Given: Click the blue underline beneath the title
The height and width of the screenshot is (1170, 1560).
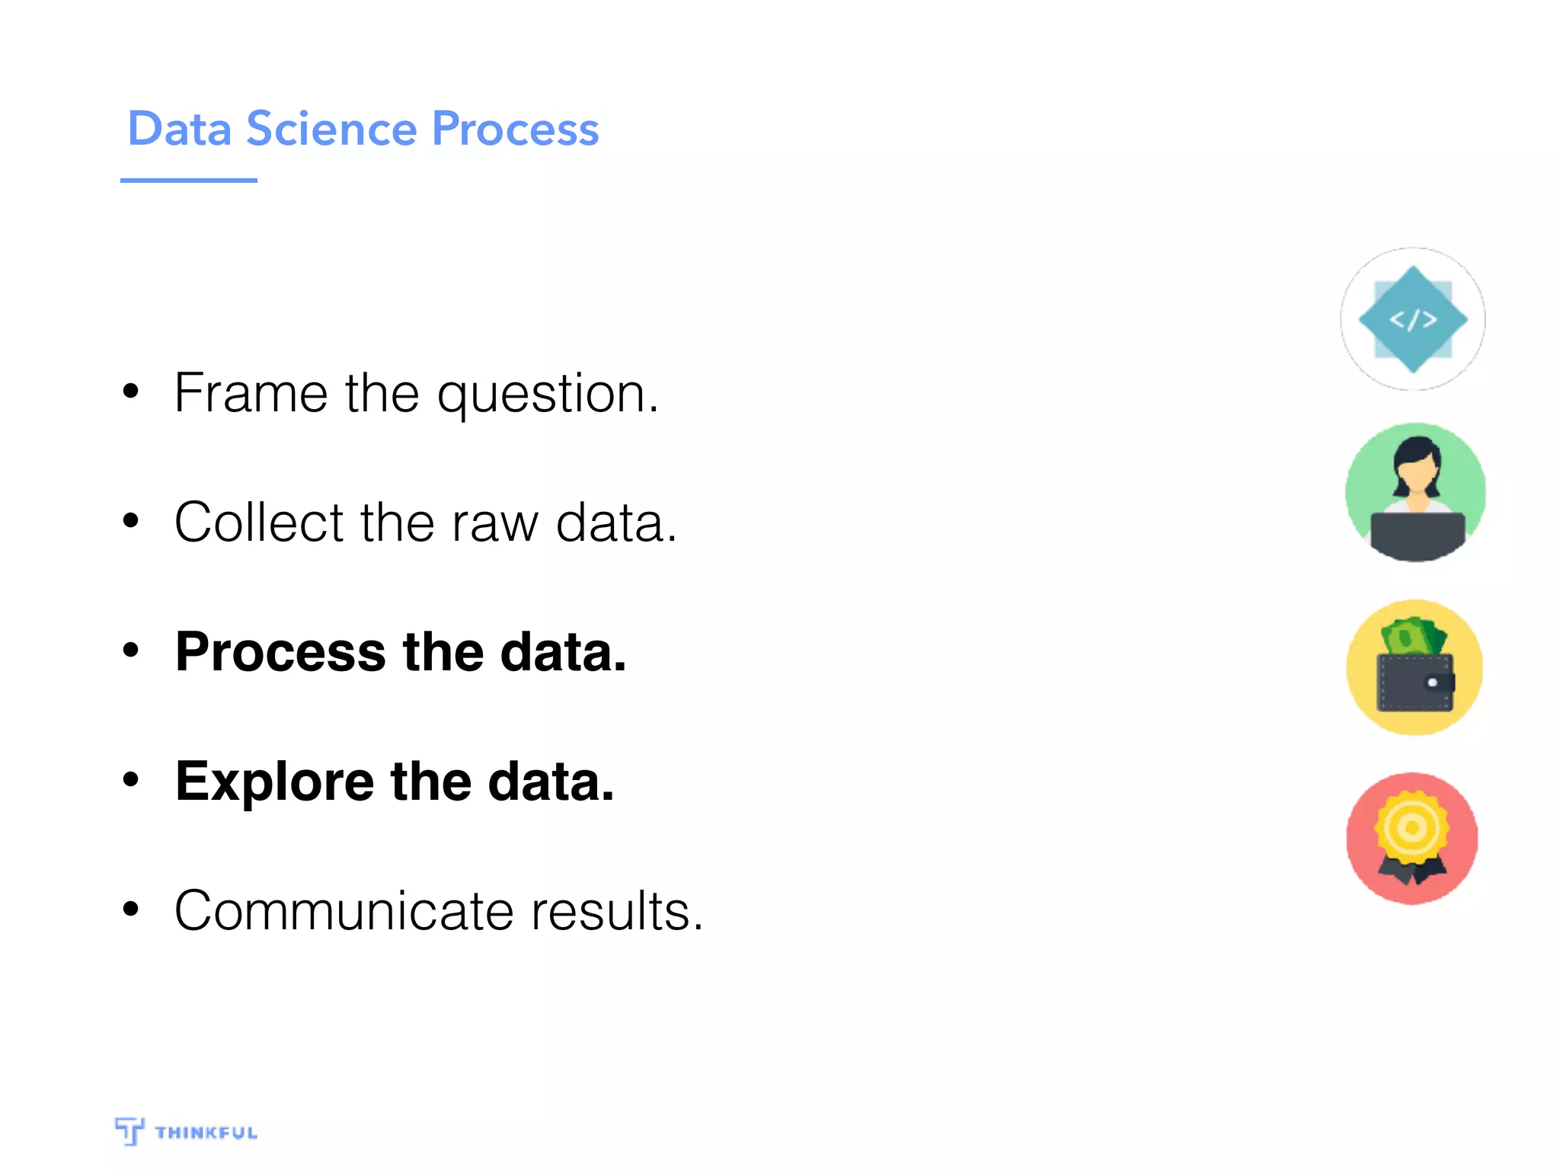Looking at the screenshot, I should tap(188, 181).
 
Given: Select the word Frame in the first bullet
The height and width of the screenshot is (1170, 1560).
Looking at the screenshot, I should tap(251, 393).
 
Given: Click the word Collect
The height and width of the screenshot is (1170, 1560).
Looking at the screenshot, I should tap(258, 523).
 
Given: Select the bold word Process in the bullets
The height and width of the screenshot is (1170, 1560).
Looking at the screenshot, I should tap(280, 653).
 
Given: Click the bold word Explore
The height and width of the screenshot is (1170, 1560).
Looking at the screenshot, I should tap(274, 783).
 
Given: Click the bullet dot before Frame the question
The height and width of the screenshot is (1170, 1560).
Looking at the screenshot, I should tap(131, 391).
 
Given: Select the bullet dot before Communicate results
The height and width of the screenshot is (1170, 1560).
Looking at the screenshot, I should tap(131, 909).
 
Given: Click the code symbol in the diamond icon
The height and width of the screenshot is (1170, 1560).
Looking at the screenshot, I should tap(1413, 319).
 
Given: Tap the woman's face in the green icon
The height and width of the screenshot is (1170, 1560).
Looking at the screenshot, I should tap(1417, 477).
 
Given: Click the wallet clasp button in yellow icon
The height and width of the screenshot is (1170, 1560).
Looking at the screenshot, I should tap(1432, 682).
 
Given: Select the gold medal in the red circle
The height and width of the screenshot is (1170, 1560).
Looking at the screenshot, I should tap(1411, 828).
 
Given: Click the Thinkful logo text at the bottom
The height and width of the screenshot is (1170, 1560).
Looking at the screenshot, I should tap(206, 1133).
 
